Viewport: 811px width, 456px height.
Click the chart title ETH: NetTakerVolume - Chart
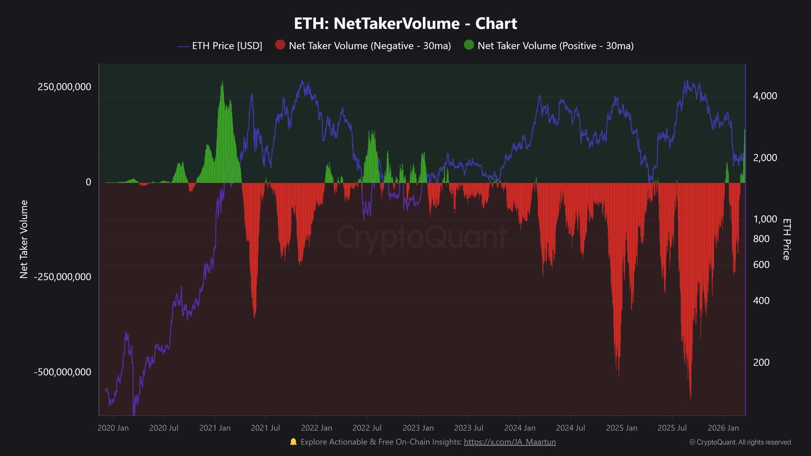pos(405,24)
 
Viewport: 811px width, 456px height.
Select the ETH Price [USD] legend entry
pos(227,46)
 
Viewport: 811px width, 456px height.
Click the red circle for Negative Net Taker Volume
pos(280,45)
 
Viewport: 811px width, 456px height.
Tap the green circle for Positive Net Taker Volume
pos(469,45)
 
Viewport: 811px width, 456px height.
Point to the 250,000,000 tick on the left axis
pos(64,87)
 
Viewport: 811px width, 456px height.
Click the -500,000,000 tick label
pos(63,372)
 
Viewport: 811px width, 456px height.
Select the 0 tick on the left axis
pos(88,182)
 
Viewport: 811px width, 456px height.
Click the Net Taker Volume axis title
pos(24,239)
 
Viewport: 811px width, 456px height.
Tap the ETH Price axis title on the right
pos(786,239)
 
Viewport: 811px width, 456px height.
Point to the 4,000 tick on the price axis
pos(765,96)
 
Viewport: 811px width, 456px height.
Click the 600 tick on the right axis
pos(761,264)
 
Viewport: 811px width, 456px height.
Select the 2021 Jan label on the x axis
pos(215,428)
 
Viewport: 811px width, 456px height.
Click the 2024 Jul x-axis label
pos(570,428)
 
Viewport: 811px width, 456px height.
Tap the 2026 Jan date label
pos(723,428)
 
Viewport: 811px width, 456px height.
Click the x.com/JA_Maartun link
pos(510,442)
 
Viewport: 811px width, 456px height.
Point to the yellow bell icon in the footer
pos(293,442)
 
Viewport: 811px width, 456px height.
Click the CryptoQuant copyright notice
pos(740,442)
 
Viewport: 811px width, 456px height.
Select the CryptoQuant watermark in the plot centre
pos(422,237)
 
